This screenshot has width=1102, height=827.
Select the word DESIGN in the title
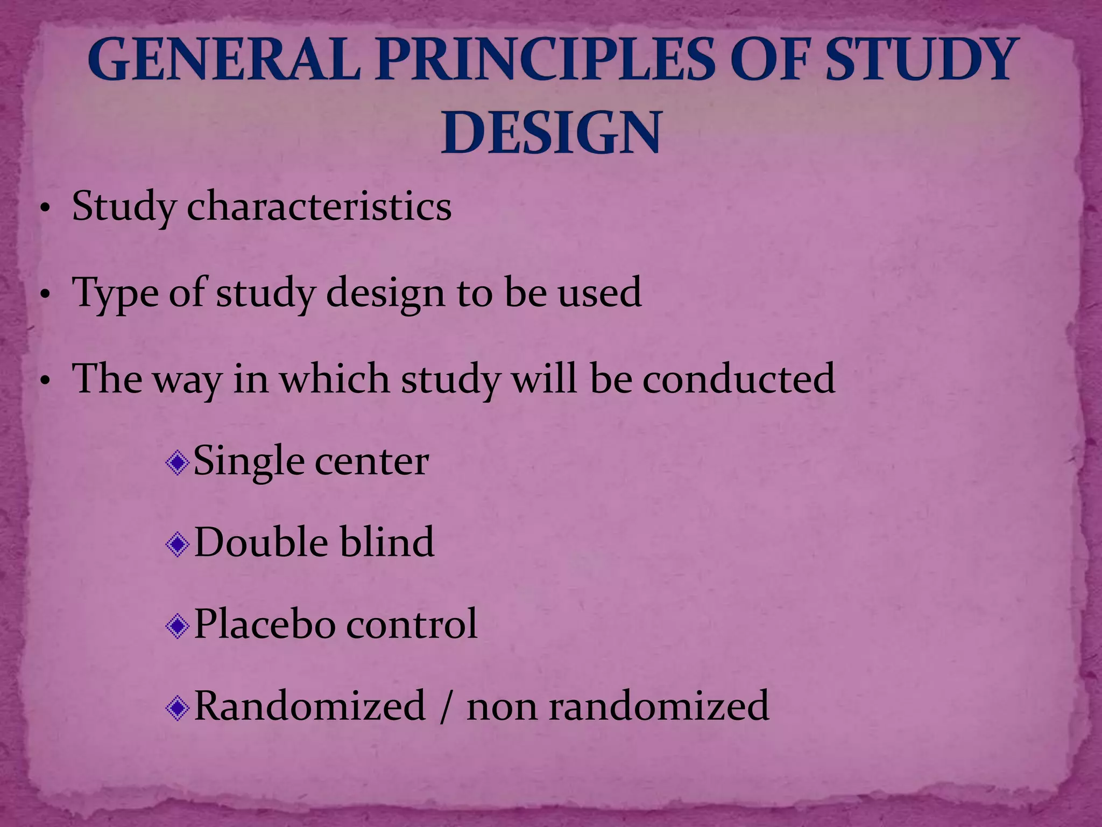(x=551, y=132)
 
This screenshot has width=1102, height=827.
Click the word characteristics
(x=319, y=207)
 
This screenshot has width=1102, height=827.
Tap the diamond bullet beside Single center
(x=178, y=463)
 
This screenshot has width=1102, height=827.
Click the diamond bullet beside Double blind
(x=178, y=544)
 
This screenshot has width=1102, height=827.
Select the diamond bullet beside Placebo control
(x=178, y=626)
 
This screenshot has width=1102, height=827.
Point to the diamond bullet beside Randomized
(x=178, y=708)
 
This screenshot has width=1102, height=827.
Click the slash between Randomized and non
(x=445, y=706)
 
